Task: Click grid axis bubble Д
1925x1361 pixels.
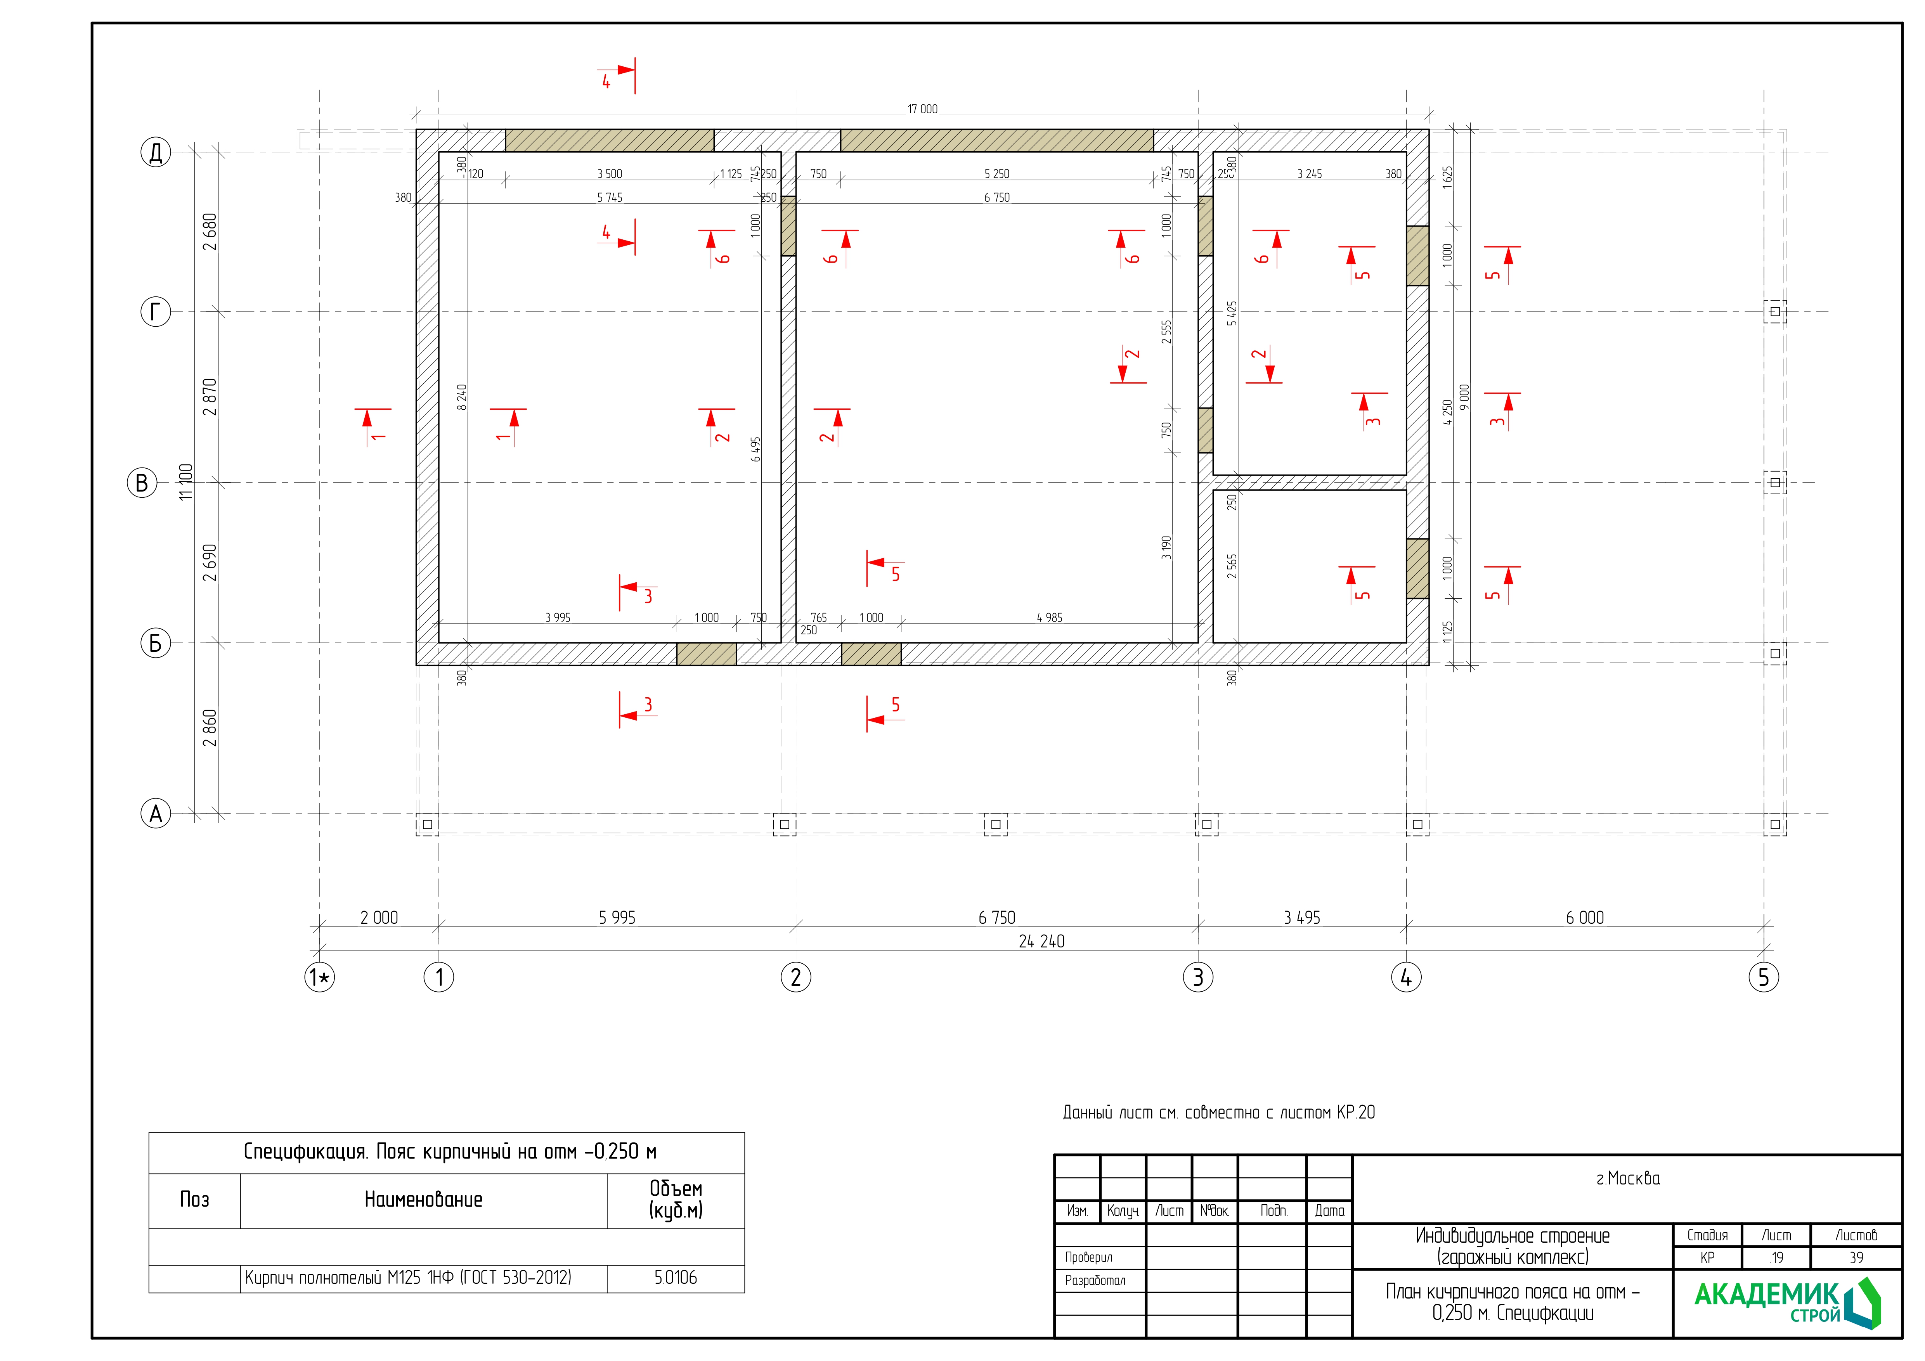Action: [x=155, y=152]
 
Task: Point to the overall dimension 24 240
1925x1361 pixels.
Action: [x=1041, y=941]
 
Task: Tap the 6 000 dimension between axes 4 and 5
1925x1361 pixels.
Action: [x=1585, y=918]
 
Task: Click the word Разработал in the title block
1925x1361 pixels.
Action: [x=1095, y=1281]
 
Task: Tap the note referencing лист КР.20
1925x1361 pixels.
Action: [x=1219, y=1113]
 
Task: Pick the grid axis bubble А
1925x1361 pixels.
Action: [x=155, y=814]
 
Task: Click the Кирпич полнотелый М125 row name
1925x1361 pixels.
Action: [x=408, y=1278]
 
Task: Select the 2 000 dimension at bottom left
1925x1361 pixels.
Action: [x=379, y=918]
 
